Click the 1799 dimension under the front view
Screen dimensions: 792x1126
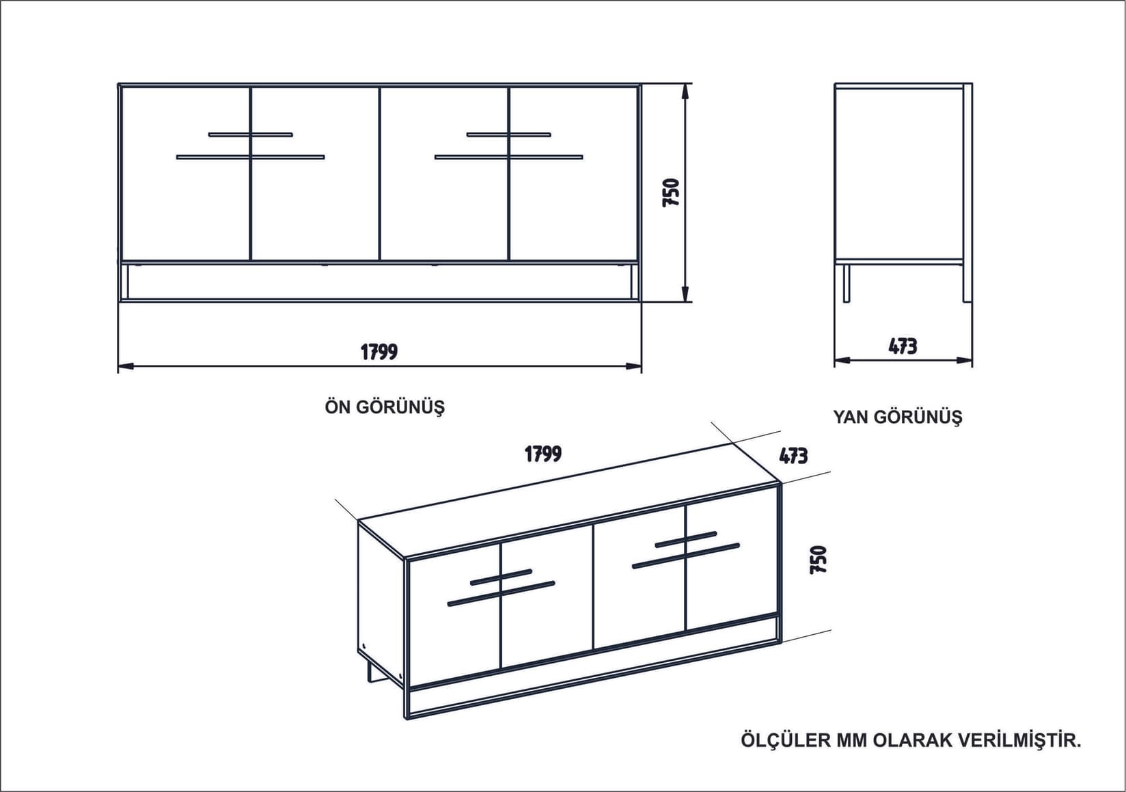379,352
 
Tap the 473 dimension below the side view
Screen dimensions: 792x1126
903,346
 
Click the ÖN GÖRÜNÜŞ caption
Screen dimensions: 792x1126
385,407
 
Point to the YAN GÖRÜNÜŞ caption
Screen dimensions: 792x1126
897,417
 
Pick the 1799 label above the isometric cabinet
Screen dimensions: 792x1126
543,454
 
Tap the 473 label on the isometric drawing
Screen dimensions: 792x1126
793,456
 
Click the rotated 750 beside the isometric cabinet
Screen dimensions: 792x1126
818,559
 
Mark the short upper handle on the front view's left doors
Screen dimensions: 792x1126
251,135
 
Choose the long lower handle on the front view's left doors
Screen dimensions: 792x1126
251,157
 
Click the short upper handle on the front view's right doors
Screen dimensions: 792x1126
508,135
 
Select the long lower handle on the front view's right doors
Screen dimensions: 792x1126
508,157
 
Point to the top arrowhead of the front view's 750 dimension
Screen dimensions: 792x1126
685,90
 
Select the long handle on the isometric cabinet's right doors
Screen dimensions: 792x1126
686,556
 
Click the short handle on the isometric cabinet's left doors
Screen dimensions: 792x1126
501,577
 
